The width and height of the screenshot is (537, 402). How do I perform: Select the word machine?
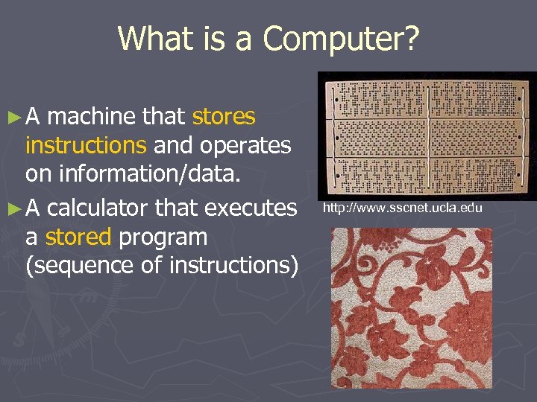pyautogui.click(x=90, y=117)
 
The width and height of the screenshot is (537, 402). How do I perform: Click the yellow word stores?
pyautogui.click(x=224, y=117)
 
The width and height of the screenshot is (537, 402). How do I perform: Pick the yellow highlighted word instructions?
pyautogui.click(x=87, y=145)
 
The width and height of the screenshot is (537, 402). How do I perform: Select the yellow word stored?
pyautogui.click(x=78, y=237)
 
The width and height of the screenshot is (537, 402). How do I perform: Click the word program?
pyautogui.click(x=163, y=238)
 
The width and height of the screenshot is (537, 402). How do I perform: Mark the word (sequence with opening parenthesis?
pyautogui.click(x=77, y=266)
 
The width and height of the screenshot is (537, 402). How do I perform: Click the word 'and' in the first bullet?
pyautogui.click(x=175, y=145)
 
